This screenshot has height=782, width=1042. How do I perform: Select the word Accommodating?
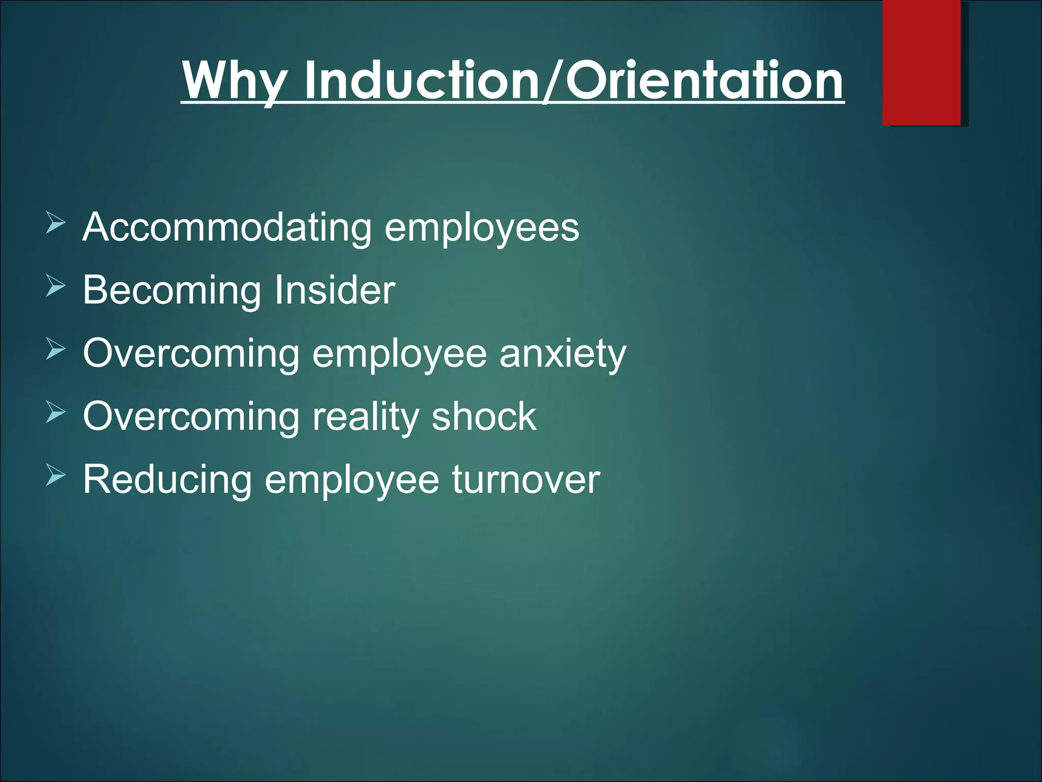click(x=227, y=228)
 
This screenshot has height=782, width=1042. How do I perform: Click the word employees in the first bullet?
click(x=482, y=229)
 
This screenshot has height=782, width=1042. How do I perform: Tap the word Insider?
click(x=335, y=290)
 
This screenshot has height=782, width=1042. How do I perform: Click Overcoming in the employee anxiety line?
click(x=191, y=353)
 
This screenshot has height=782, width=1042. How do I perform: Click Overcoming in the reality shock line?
click(x=191, y=416)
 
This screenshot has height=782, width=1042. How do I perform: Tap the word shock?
click(x=484, y=416)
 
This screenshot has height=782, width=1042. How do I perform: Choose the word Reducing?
click(x=167, y=480)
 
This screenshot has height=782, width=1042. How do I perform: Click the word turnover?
click(x=526, y=480)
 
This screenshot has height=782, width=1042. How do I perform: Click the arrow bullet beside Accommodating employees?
click(x=55, y=224)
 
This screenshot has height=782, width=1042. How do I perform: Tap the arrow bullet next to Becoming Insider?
click(x=55, y=287)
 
